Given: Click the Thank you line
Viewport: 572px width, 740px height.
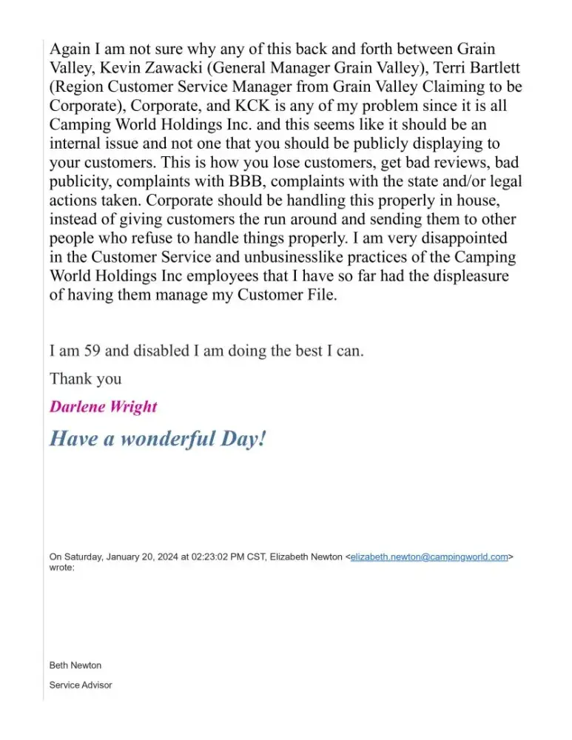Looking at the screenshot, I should pos(85,379).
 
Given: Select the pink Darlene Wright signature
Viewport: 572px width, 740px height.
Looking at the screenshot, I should pos(103,407).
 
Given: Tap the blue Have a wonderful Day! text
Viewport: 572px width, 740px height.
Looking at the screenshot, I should pos(157,439).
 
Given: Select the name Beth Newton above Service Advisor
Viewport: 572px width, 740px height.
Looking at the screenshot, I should pos(75,665).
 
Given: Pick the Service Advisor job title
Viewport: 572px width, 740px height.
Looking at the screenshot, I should pos(81,685).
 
